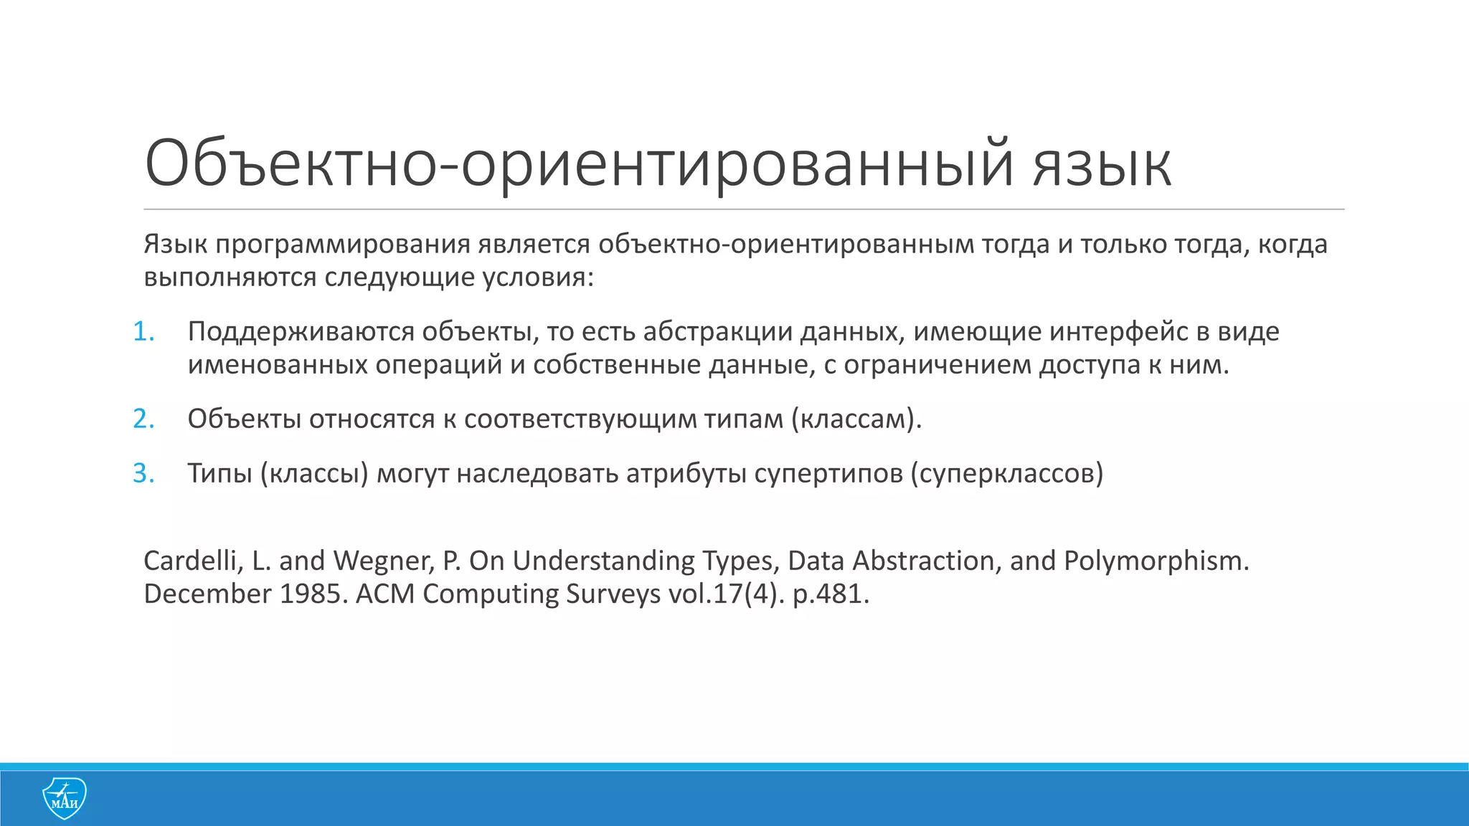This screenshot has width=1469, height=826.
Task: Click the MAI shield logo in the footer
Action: coord(65,797)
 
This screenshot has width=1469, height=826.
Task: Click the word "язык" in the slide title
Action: coord(1102,165)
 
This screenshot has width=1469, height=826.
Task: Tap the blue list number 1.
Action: coord(143,331)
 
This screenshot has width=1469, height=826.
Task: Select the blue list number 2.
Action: coord(143,419)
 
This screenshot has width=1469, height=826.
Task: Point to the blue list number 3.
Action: coord(143,473)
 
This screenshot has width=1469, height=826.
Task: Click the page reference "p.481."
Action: coord(831,594)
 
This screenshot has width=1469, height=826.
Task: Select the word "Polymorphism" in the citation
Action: coord(1156,561)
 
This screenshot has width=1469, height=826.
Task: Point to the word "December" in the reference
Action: coord(207,594)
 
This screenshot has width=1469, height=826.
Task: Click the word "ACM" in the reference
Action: coord(384,594)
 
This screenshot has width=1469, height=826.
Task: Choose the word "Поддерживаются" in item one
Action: coord(301,332)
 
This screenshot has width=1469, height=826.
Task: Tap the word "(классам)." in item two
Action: coord(856,419)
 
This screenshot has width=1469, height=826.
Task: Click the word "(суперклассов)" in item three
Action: coord(1007,473)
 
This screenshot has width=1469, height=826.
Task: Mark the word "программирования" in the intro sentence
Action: coord(343,245)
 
